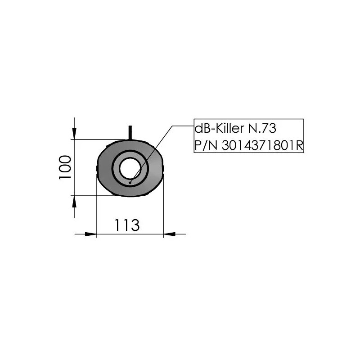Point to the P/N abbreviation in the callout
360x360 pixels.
pos(203,145)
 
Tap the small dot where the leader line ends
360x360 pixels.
pos(130,182)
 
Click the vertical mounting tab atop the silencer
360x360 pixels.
pos(130,132)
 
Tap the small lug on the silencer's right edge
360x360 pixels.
pos(164,169)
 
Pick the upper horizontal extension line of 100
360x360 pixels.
pos(99,139)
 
